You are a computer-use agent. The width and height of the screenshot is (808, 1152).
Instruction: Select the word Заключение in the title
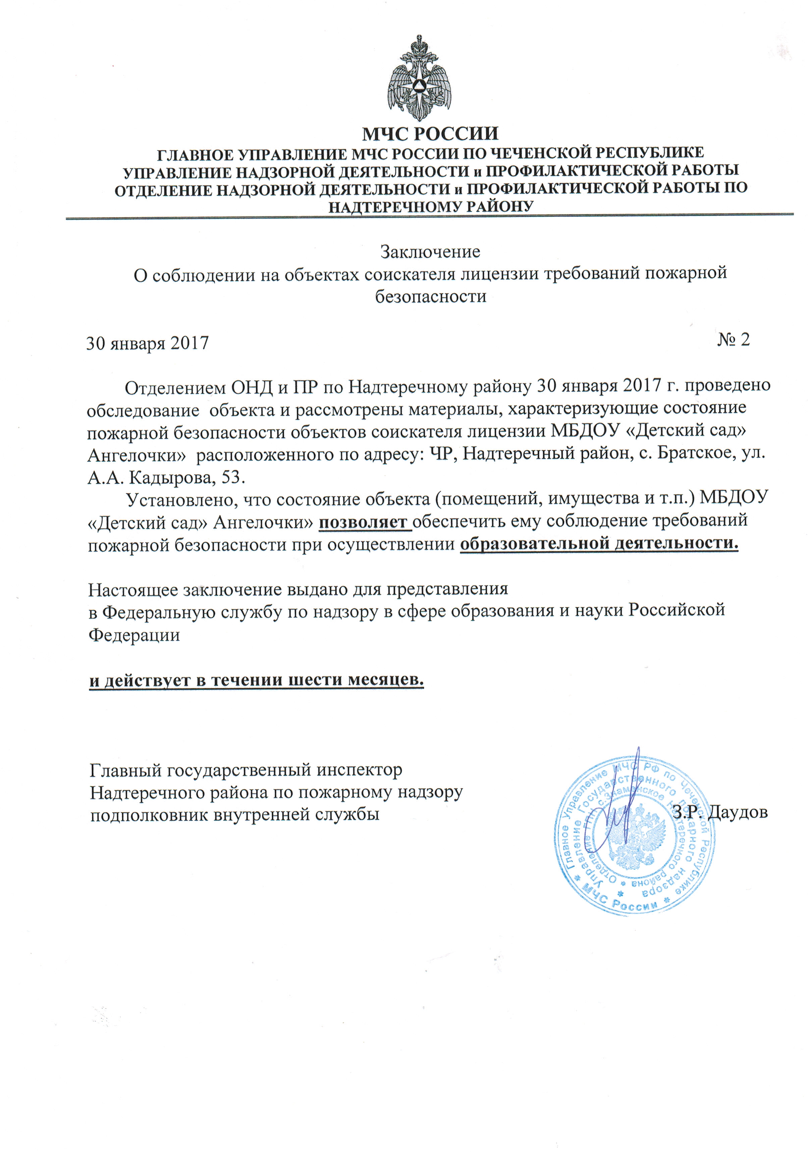430,251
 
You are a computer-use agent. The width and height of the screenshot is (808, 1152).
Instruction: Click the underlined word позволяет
365,522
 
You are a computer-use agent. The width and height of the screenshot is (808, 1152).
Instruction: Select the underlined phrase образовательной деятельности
599,544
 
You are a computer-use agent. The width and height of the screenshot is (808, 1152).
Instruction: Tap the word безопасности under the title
431,296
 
